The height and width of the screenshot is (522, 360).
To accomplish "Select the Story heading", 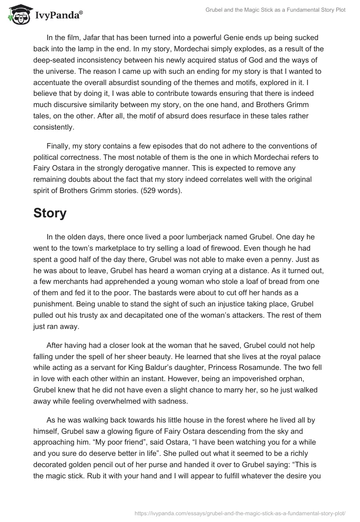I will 49,213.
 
